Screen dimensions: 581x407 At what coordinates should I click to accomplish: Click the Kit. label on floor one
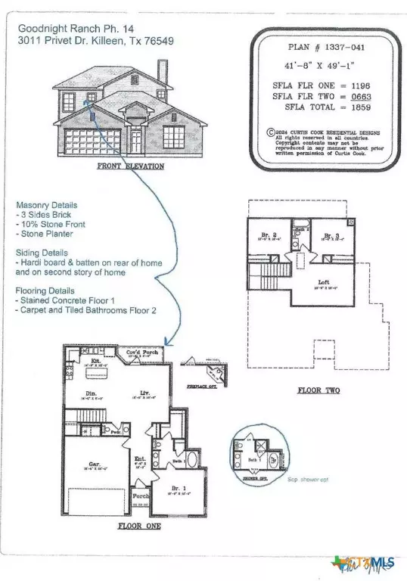pyautogui.click(x=95, y=362)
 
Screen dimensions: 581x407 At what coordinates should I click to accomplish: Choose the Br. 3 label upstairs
pyautogui.click(x=331, y=236)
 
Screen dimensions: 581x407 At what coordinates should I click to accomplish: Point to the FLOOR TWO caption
pyautogui.click(x=318, y=390)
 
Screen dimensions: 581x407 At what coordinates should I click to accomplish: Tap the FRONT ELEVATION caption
pyautogui.click(x=130, y=166)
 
